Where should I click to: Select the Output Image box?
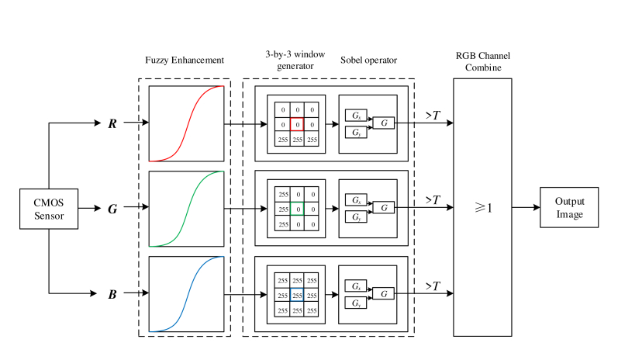[x=570, y=208]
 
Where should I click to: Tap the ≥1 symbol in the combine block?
[x=483, y=208]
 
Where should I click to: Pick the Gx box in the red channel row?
[x=356, y=114]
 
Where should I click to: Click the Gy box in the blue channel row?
[x=356, y=303]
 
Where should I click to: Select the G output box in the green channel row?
[x=384, y=208]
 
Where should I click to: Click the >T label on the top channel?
[x=433, y=115]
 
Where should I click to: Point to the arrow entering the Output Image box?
[x=526, y=208]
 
